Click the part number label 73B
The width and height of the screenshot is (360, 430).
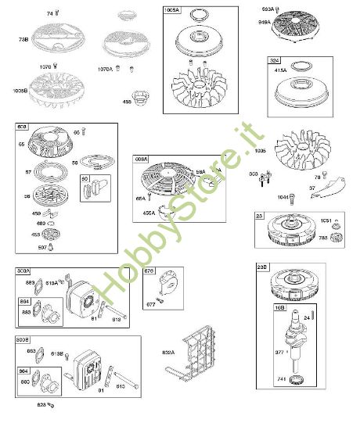23,39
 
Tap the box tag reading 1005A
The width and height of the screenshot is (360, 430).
172,11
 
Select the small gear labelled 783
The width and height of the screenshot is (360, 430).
340,238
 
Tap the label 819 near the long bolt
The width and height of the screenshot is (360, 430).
117,319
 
